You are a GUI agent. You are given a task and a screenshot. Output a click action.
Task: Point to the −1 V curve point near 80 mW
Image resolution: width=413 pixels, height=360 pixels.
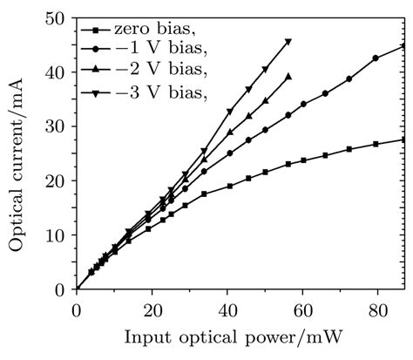376,58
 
